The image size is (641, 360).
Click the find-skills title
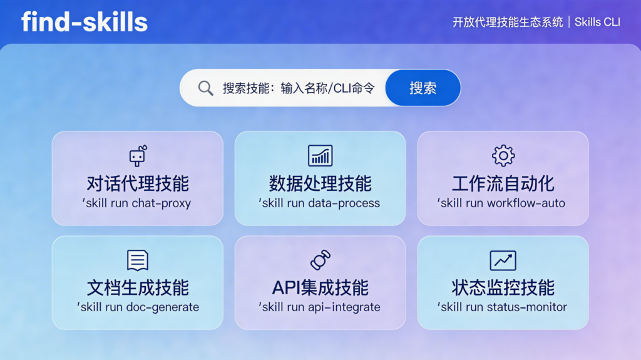click(85, 22)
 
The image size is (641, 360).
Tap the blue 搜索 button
click(423, 88)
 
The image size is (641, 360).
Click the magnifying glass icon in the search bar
click(205, 88)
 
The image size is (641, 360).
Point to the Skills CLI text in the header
click(597, 22)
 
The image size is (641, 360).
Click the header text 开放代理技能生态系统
click(508, 22)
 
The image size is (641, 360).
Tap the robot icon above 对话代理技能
click(138, 155)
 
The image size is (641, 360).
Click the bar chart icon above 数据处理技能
click(320, 155)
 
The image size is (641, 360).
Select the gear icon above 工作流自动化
click(503, 155)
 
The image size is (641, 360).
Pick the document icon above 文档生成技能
click(138, 260)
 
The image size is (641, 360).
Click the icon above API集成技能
click(320, 260)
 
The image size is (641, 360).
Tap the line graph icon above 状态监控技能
click(503, 260)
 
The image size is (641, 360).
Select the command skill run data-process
click(319, 203)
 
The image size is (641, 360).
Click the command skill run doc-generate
click(138, 307)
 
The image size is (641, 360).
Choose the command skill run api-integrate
click(319, 307)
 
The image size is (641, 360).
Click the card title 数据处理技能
click(320, 183)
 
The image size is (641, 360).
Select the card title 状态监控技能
click(503, 287)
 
